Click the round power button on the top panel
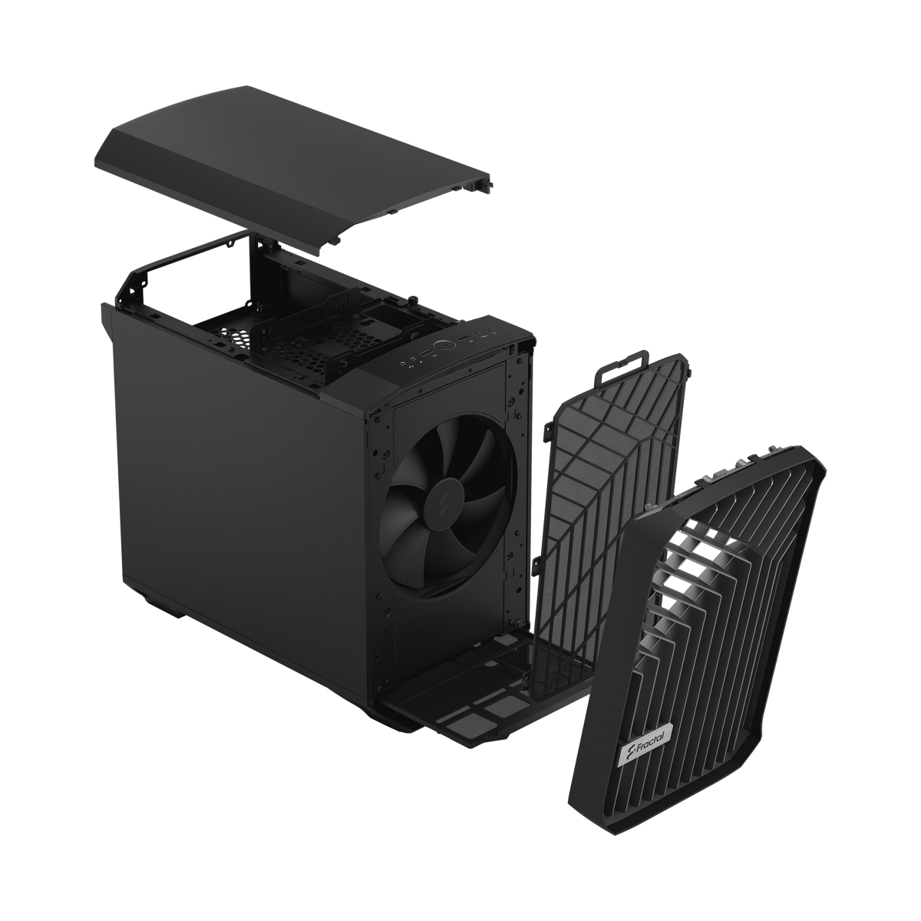[443, 345]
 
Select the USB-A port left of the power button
[424, 354]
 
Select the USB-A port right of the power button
[462, 338]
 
